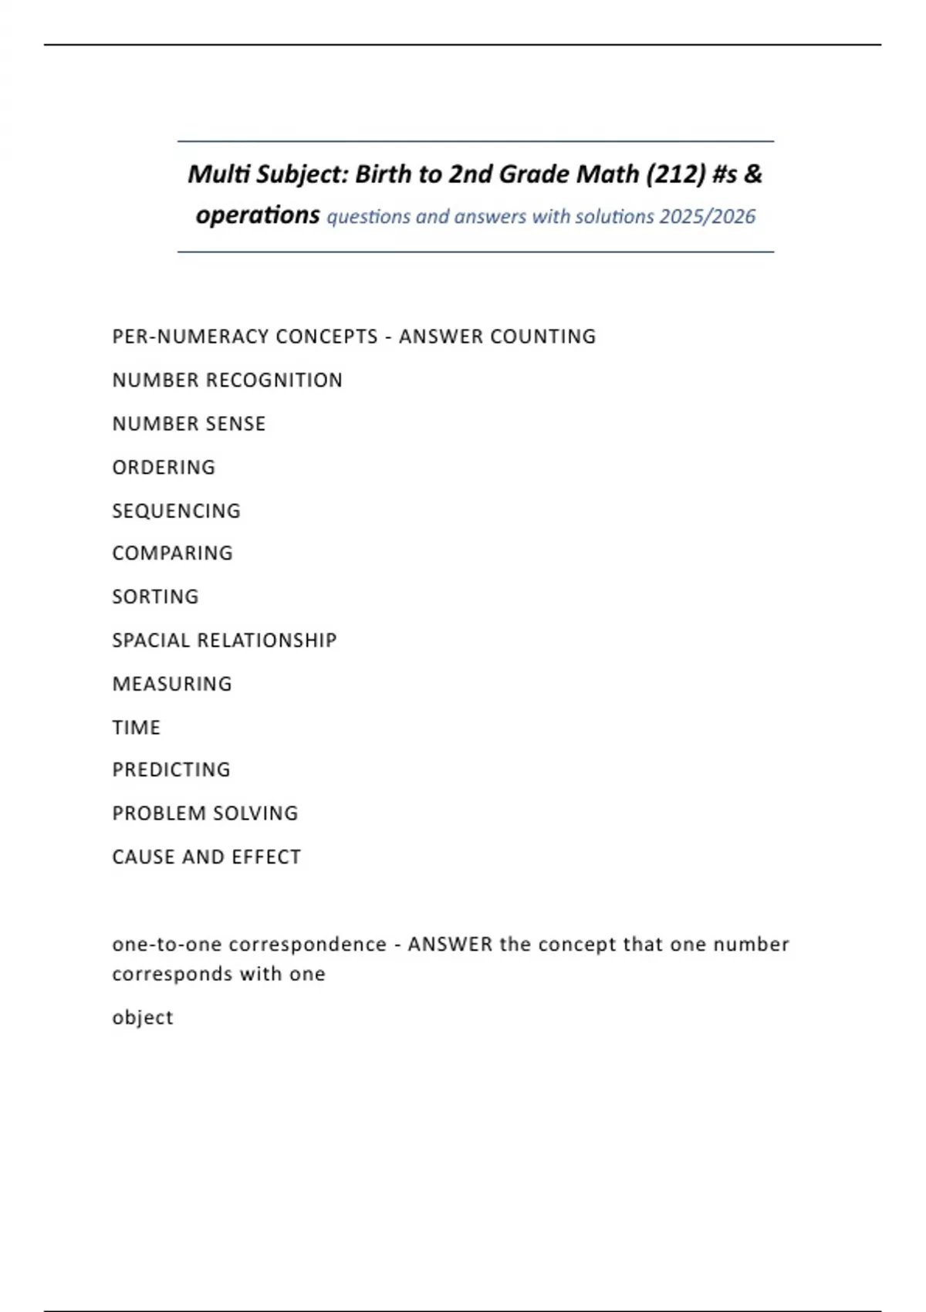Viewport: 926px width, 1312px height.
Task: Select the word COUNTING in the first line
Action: (543, 336)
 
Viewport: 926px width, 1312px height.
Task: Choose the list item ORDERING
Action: (164, 467)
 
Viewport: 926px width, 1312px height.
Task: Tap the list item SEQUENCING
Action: (176, 511)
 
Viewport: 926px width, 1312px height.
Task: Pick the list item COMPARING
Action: (172, 553)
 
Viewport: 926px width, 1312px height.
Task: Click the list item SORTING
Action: (155, 597)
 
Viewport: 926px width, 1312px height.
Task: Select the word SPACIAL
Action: (151, 640)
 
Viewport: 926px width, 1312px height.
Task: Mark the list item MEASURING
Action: (172, 684)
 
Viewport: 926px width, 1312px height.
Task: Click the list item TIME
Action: (137, 727)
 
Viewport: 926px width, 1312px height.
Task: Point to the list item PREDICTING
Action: (171, 769)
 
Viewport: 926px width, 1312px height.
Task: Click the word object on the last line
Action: (143, 1018)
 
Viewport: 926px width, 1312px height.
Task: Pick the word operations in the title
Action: (258, 215)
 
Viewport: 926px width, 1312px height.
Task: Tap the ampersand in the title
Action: (752, 174)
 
